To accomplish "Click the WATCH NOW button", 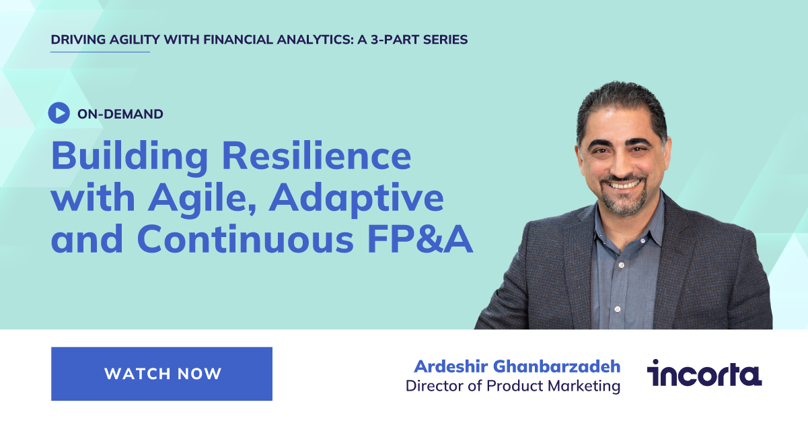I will (161, 374).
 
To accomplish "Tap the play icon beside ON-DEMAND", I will (59, 113).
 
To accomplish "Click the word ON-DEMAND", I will (120, 114).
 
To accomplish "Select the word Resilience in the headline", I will (316, 156).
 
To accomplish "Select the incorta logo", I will (704, 373).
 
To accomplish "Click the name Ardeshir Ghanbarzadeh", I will (517, 366).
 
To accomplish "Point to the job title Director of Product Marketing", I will (513, 386).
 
